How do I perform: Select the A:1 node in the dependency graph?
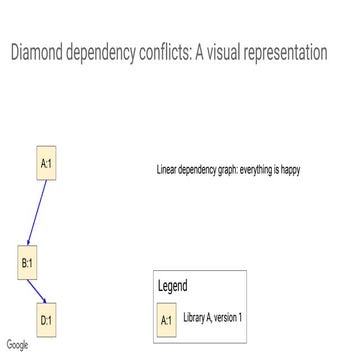pyautogui.click(x=46, y=163)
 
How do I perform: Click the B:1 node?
pyautogui.click(x=28, y=262)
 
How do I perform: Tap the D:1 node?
pyautogui.click(x=46, y=320)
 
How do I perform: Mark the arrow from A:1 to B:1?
pyautogui.click(x=37, y=212)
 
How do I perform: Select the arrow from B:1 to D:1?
pyautogui.click(x=37, y=291)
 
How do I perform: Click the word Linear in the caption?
pyautogui.click(x=167, y=170)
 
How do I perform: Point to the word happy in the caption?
pyautogui.click(x=291, y=170)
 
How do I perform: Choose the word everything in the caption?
pyautogui.click(x=255, y=170)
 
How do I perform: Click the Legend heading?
pyautogui.click(x=173, y=285)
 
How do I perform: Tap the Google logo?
pyautogui.click(x=16, y=345)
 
